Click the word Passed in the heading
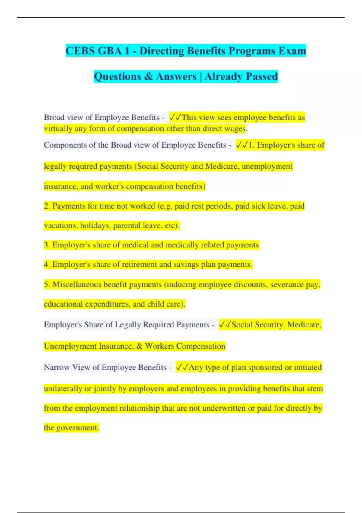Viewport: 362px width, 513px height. (x=262, y=76)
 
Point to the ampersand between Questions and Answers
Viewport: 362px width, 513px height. (x=148, y=76)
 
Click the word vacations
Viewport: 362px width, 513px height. (x=61, y=225)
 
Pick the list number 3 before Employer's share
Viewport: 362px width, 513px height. (x=46, y=245)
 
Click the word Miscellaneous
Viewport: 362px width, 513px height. (x=77, y=285)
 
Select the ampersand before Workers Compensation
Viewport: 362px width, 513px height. (x=139, y=346)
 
